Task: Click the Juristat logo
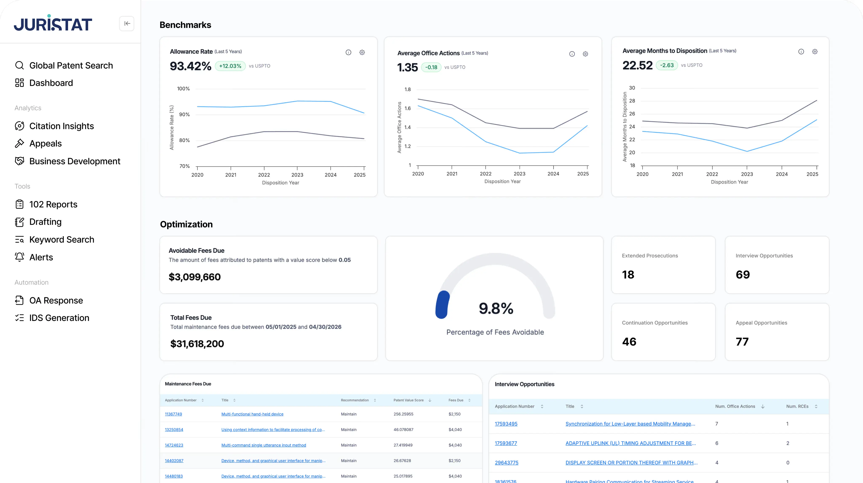point(53,23)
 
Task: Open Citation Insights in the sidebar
point(61,126)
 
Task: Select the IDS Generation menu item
point(59,318)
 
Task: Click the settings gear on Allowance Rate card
point(362,52)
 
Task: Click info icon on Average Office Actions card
point(572,54)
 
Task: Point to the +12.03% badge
point(230,66)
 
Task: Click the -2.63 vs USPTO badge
point(666,65)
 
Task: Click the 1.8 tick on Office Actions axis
point(407,89)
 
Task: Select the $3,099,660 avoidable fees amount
point(195,277)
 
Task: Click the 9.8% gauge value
point(496,308)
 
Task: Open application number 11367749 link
point(173,414)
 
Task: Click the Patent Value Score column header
point(408,400)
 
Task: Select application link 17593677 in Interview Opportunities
point(505,443)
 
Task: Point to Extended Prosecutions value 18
point(628,275)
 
